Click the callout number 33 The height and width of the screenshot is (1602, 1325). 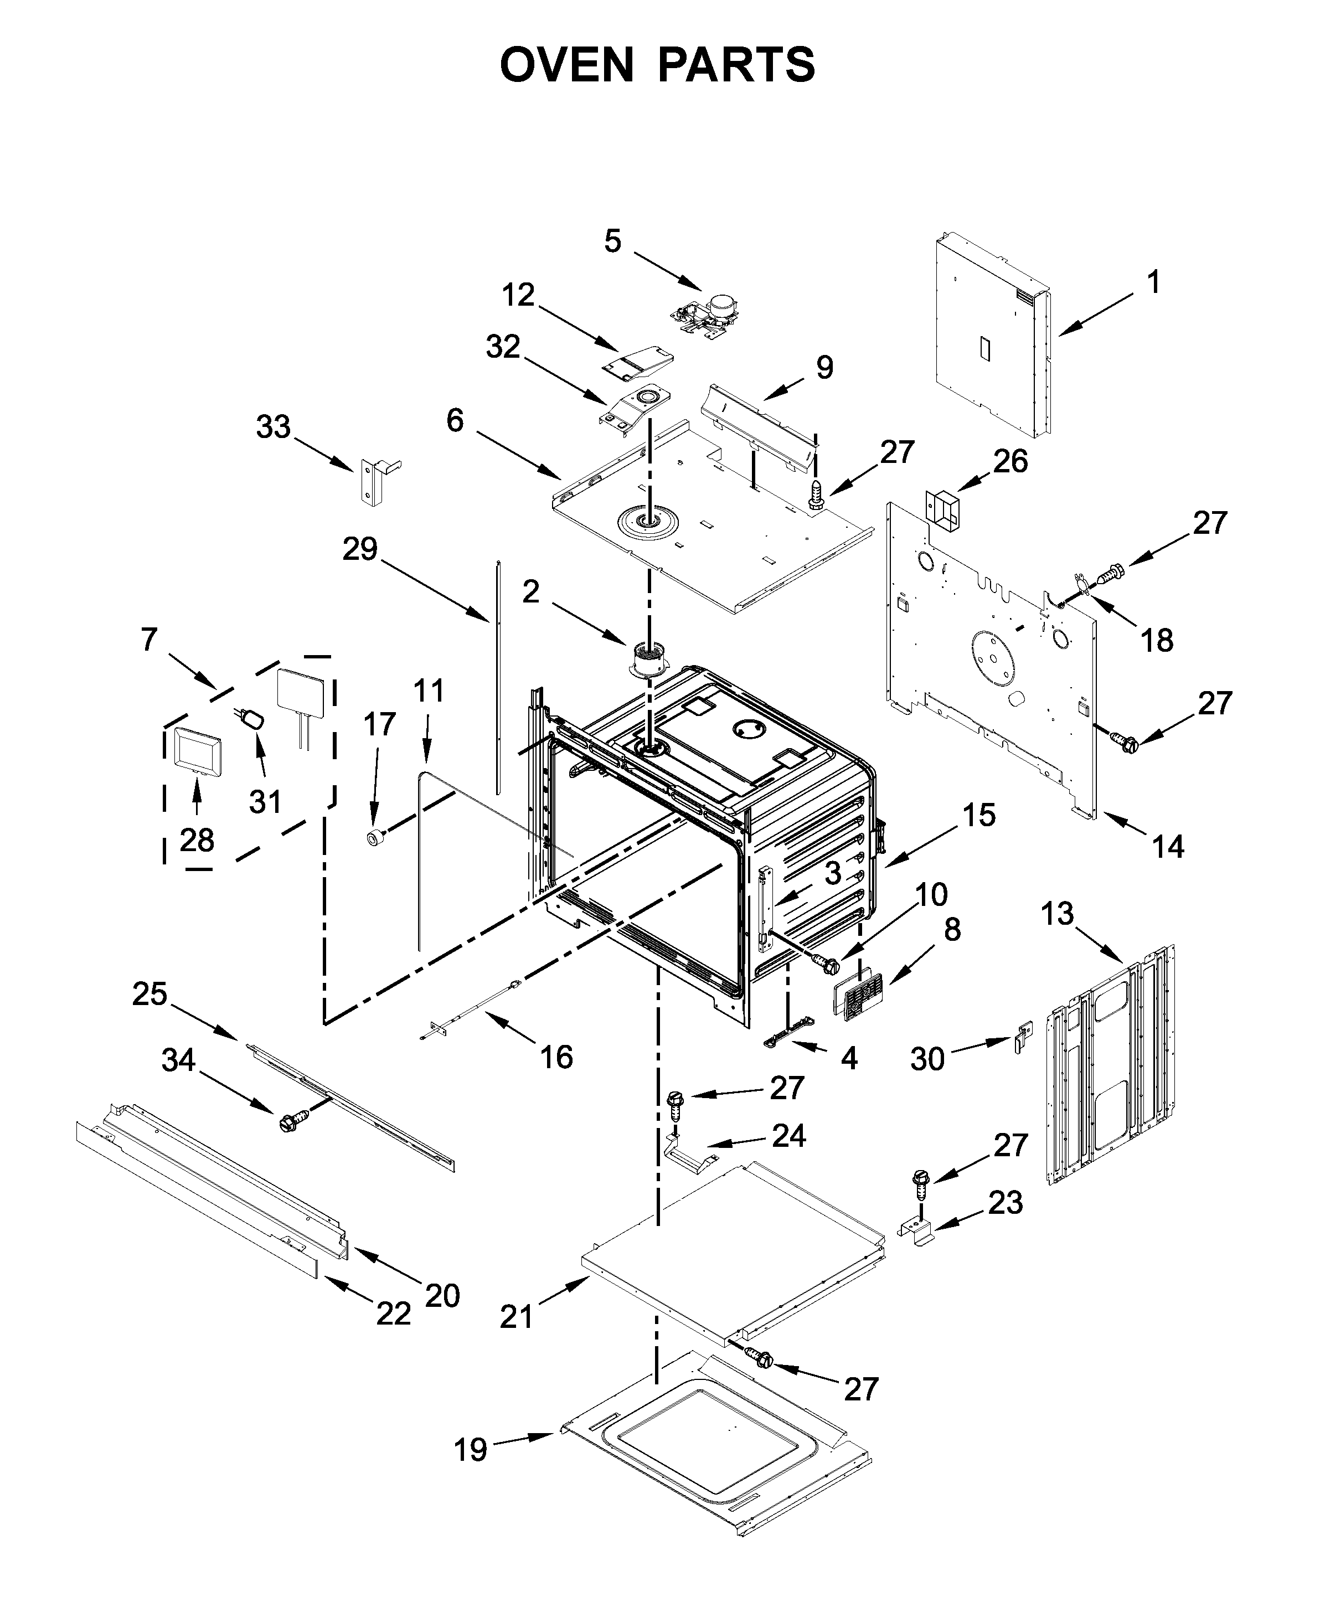pos(273,427)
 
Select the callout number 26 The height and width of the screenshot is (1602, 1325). pos(1010,461)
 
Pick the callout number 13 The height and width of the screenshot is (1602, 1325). pos(1057,913)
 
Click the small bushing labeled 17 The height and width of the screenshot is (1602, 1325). pos(375,838)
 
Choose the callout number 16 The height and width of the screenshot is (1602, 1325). pos(556,1057)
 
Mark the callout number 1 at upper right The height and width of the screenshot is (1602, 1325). pos(1153,283)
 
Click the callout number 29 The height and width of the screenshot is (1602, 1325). pos(360,549)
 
